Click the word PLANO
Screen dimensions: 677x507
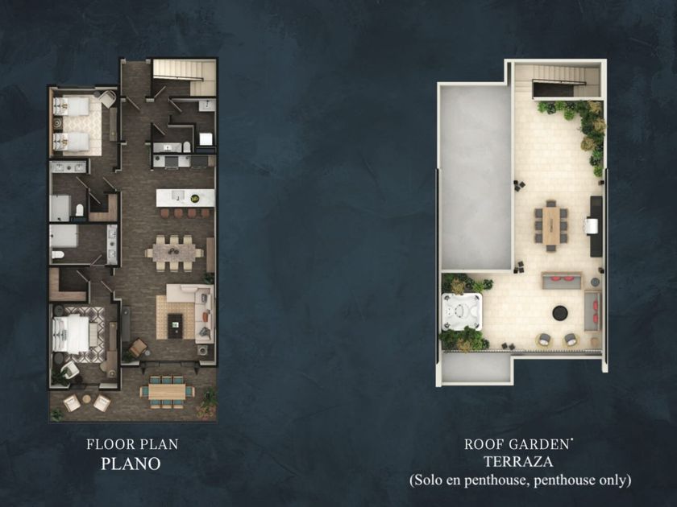(x=131, y=464)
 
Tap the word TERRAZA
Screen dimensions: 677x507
(x=518, y=462)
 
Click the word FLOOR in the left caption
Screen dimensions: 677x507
(x=108, y=444)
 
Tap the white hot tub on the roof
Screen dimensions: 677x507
(x=461, y=311)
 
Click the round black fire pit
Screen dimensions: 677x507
(x=560, y=312)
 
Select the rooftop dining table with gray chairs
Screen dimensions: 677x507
(x=551, y=225)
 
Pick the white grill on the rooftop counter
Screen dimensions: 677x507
(x=591, y=225)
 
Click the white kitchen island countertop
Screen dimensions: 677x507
(x=185, y=198)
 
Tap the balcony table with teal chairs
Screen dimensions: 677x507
(x=167, y=391)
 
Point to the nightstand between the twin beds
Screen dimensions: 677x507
(x=57, y=122)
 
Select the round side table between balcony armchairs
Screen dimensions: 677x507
(x=87, y=399)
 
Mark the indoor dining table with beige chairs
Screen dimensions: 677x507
(x=173, y=253)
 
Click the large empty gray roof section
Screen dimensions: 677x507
(x=476, y=178)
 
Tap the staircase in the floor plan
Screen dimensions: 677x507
(x=185, y=77)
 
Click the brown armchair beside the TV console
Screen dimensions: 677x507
(x=137, y=348)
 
